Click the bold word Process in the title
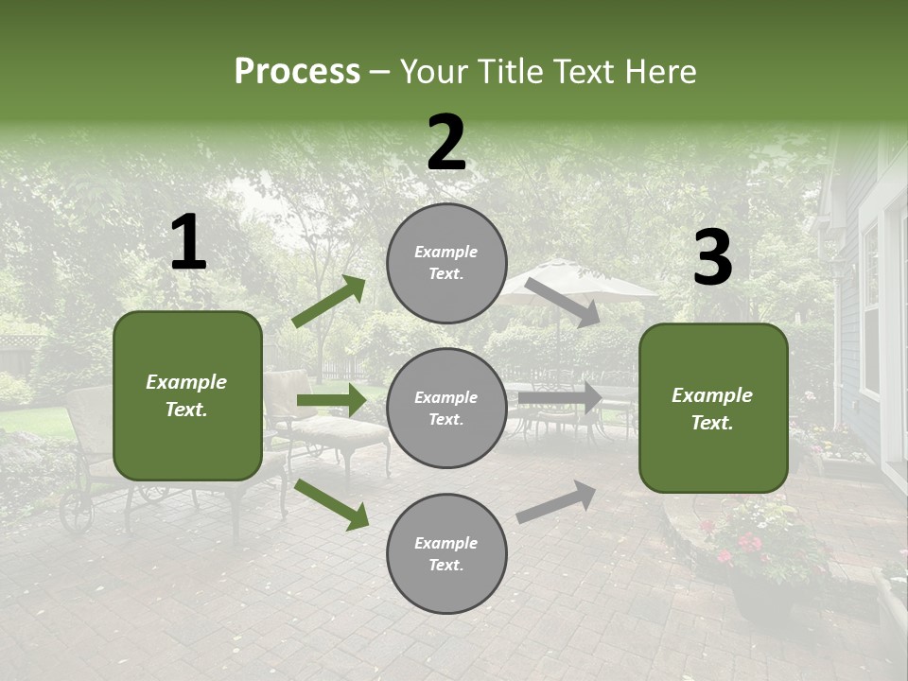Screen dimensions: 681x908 tap(297, 72)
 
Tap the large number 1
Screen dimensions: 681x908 tap(188, 243)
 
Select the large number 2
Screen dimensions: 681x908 tap(446, 143)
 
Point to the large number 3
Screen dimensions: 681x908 tap(712, 258)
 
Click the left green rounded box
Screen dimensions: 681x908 tap(187, 395)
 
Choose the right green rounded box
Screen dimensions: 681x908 tap(713, 409)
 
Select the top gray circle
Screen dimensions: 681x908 tap(446, 263)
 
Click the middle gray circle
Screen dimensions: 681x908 tap(446, 409)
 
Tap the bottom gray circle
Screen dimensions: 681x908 tap(446, 554)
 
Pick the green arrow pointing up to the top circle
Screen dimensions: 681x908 tap(328, 302)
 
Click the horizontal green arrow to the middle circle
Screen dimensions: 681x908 tap(331, 400)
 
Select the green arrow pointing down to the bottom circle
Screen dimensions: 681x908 tap(331, 503)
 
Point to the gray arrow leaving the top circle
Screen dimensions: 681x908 tap(562, 302)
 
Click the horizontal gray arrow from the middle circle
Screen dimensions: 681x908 tap(559, 398)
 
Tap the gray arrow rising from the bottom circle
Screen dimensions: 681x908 tap(556, 502)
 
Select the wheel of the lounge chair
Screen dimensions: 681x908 tap(76, 511)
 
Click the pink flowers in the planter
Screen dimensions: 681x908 tap(747, 544)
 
